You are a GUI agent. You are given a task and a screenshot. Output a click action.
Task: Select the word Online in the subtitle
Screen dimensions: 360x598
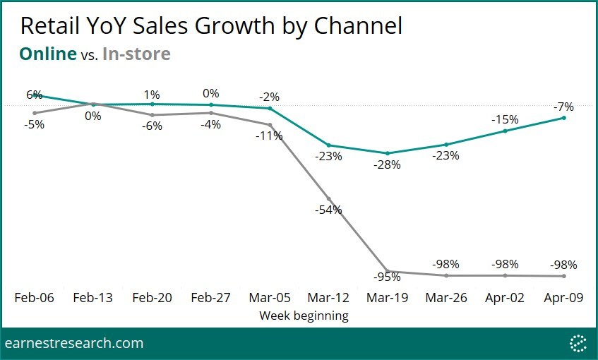47,54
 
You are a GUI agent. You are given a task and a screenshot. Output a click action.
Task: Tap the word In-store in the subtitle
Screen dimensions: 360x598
136,54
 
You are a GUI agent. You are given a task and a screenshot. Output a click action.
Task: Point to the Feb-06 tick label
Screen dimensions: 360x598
34,298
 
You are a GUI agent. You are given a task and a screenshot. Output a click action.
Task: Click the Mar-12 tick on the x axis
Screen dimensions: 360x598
328,298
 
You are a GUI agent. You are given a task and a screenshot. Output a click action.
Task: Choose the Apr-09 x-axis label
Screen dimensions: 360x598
563,298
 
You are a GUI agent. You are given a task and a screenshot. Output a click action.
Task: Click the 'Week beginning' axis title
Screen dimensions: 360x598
304,316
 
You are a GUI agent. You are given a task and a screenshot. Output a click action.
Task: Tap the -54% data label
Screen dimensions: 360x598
329,210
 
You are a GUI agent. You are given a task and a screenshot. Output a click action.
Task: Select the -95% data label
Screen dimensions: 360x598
388,277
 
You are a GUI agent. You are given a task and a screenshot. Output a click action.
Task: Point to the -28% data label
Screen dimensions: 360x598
388,164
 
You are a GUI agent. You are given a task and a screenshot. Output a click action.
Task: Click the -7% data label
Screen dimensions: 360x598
563,107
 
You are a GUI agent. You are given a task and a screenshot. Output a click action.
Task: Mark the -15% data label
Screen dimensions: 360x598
506,119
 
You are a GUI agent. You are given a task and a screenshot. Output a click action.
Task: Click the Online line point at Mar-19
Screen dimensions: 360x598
387,153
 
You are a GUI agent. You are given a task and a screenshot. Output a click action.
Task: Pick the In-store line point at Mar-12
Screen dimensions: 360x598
328,198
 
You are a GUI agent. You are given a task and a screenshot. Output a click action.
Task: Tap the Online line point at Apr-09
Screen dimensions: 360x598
563,118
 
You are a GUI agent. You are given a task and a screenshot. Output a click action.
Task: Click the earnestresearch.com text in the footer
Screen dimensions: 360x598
74,344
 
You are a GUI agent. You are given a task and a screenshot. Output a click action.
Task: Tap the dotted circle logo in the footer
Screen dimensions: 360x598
578,343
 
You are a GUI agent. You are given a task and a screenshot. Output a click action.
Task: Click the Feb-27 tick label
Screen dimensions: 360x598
211,298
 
